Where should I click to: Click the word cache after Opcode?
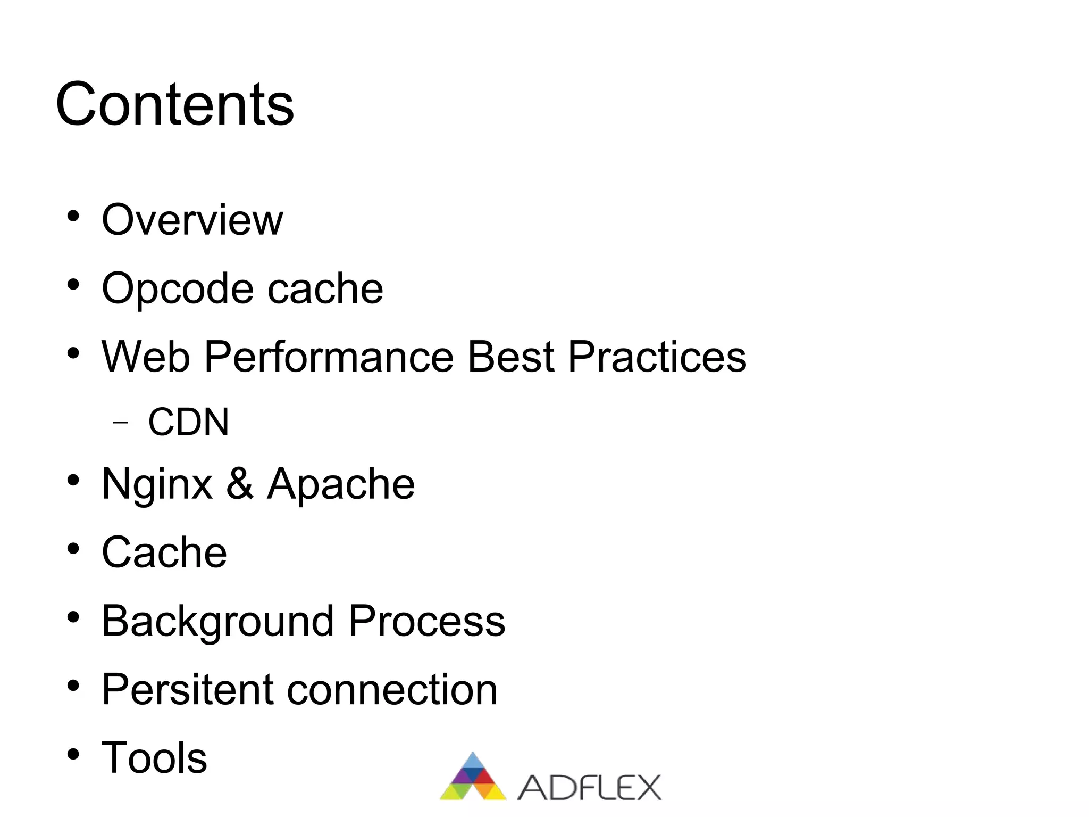(325, 288)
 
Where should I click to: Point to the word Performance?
(329, 357)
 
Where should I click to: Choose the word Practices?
(657, 357)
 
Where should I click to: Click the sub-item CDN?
(188, 422)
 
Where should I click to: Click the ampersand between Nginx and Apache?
(240, 483)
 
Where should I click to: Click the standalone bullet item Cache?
(164, 552)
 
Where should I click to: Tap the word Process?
(426, 621)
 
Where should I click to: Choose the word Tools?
(154, 758)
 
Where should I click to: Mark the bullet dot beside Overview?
(73, 217)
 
